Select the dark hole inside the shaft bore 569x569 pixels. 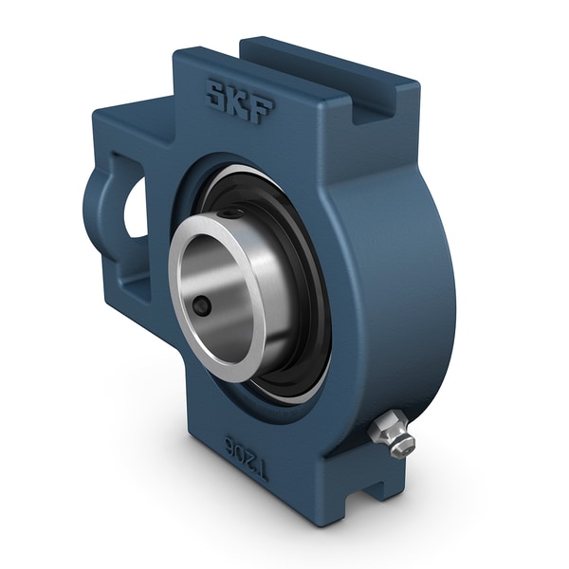203,306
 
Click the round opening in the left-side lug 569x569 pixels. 136,208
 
